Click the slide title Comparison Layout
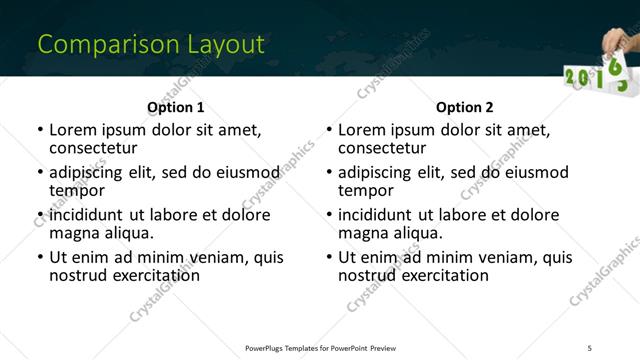(x=151, y=45)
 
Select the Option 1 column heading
(x=175, y=107)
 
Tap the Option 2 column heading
(x=464, y=107)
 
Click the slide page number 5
(x=590, y=347)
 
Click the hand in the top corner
(x=619, y=41)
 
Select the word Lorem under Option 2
(x=361, y=130)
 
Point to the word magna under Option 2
(x=363, y=233)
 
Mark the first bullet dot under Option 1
(x=40, y=131)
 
